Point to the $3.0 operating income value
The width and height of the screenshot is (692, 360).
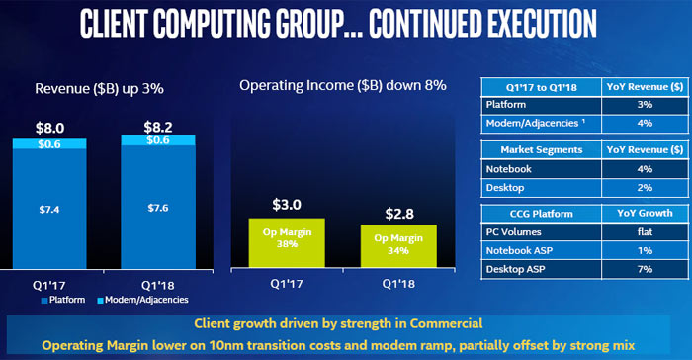tap(287, 206)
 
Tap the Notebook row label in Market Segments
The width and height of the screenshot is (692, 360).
tap(510, 168)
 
